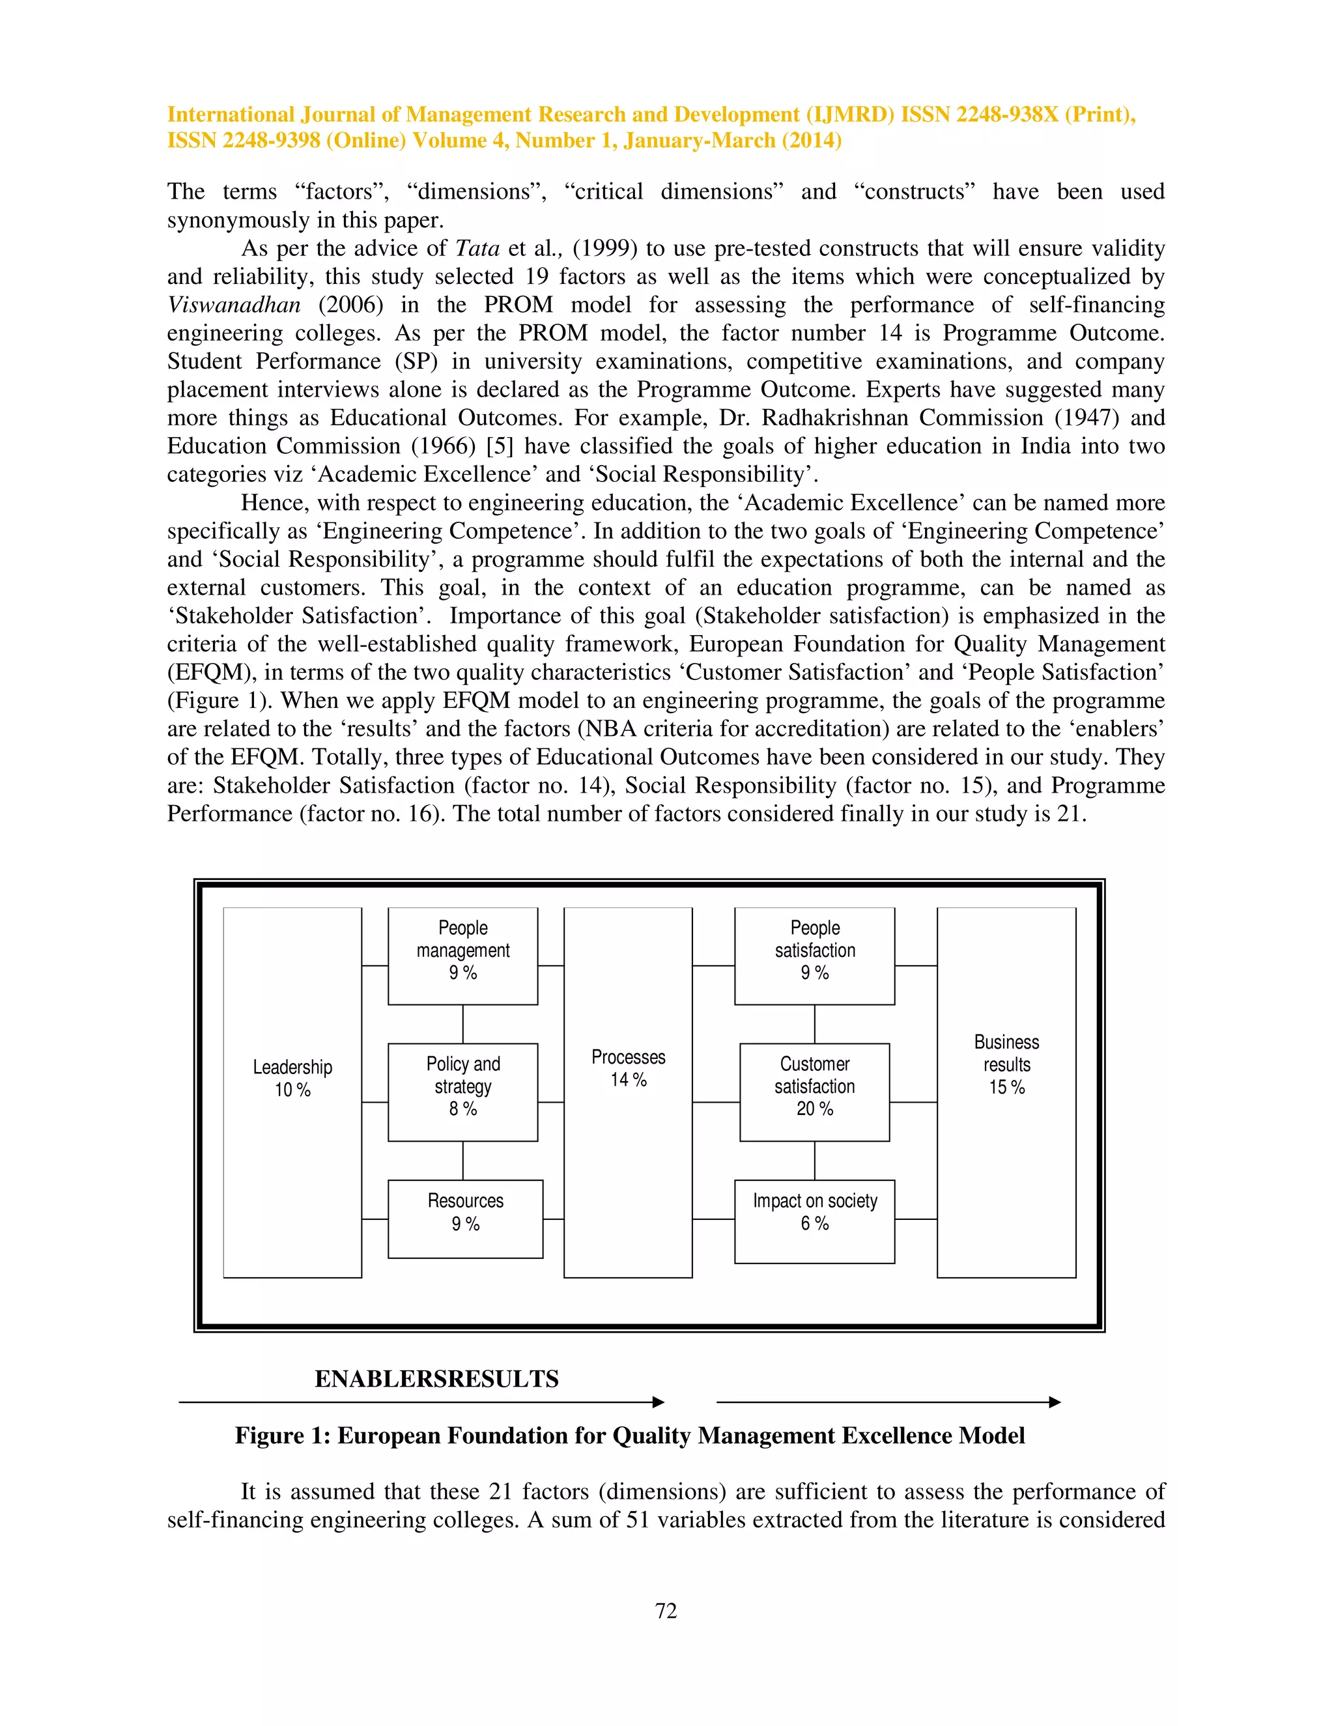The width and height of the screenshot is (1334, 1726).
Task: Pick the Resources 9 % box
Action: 466,1212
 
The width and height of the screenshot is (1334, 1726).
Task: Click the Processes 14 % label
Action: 629,1068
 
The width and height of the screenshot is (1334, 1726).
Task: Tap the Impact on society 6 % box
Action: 815,1212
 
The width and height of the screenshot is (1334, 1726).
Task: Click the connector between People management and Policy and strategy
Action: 463,1025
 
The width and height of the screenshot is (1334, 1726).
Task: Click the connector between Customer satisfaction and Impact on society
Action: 815,1160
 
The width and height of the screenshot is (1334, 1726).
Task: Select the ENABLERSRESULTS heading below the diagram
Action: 436,1379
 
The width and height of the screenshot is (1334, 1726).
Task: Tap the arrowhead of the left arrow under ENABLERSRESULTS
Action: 659,1402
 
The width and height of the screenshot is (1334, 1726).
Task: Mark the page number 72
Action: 666,1611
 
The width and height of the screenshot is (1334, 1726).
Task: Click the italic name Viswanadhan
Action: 234,305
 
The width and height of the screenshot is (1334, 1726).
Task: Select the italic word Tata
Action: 477,248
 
